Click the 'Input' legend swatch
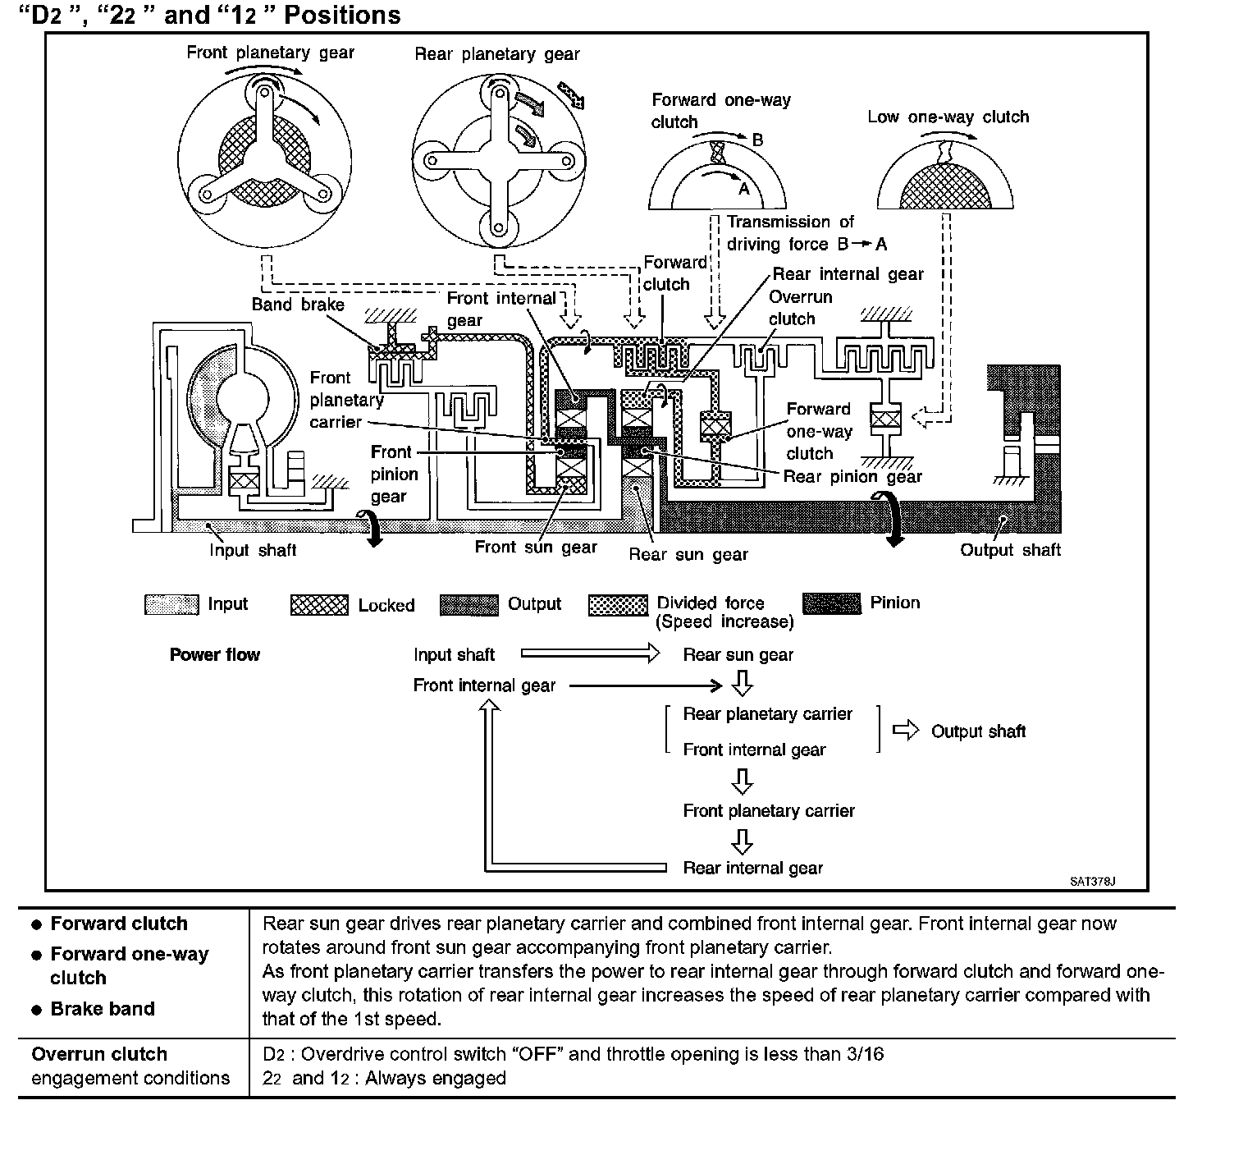[171, 605]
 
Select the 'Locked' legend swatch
[319, 605]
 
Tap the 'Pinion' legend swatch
[832, 603]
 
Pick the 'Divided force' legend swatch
[618, 605]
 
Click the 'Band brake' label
[298, 305]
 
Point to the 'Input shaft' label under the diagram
[253, 550]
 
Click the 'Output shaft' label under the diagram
[1010, 550]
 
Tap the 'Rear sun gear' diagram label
[688, 554]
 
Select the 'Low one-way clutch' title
[948, 117]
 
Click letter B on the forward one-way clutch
[757, 140]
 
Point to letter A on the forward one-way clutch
[744, 188]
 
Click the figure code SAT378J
[1092, 882]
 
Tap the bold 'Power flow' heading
[214, 654]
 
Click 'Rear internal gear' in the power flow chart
[752, 868]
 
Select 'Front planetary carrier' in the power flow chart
[769, 810]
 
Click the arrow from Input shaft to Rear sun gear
[590, 654]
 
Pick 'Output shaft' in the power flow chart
[978, 731]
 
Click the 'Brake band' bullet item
[103, 1008]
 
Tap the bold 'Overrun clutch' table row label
[99, 1054]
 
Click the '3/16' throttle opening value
[865, 1054]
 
